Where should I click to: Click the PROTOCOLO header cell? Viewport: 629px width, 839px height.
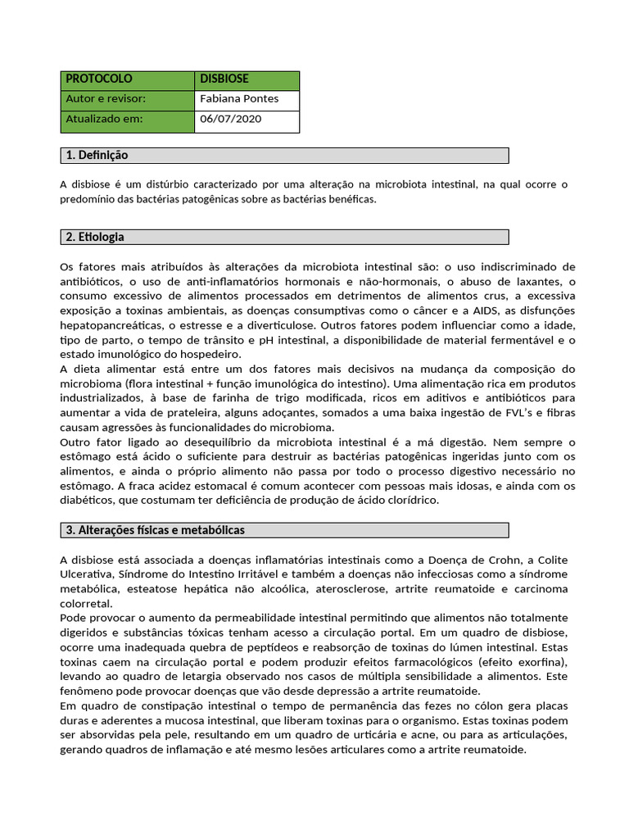[x=98, y=79]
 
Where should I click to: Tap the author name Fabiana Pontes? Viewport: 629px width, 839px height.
[x=239, y=99]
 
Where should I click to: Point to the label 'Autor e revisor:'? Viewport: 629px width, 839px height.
[x=106, y=99]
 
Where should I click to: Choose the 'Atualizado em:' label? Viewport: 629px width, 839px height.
[x=104, y=120]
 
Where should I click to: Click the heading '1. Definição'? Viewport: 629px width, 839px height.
[x=97, y=156]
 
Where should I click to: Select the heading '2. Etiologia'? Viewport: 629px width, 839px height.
[x=95, y=237]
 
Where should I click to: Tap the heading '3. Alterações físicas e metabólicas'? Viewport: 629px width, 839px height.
[x=155, y=530]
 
